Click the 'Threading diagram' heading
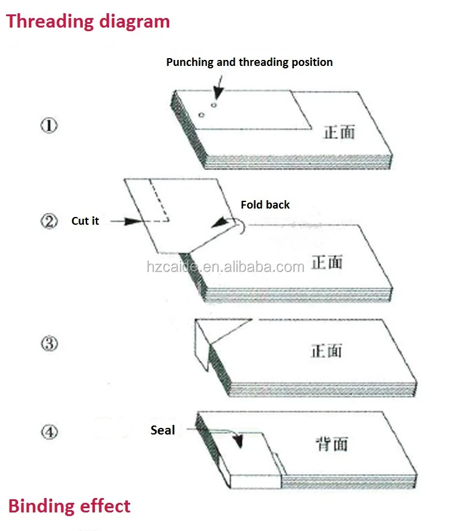tap(88, 22)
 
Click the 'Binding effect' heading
tap(69, 506)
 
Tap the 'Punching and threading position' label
tap(249, 62)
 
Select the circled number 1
tap(49, 125)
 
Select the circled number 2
tap(49, 221)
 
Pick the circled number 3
tap(50, 344)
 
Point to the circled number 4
tap(50, 432)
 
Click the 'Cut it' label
tap(85, 221)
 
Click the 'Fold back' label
tap(265, 204)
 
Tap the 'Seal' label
tap(163, 430)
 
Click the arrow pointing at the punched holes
tap(219, 88)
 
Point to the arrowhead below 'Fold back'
tap(220, 222)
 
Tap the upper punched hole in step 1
tap(214, 105)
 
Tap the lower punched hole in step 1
tap(202, 115)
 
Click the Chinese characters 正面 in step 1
tap(339, 132)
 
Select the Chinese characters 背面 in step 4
tap(332, 444)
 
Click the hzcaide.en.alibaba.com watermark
tap(226, 267)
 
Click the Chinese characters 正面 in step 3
tap(326, 351)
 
